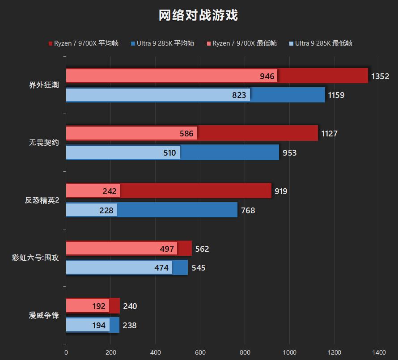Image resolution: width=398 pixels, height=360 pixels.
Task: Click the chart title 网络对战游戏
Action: tap(199, 16)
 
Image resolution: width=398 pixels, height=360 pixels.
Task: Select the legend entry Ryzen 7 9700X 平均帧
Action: tap(83, 43)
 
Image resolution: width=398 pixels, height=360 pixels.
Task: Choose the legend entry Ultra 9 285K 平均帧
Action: tap(162, 43)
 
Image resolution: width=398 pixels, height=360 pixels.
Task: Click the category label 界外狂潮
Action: tap(44, 85)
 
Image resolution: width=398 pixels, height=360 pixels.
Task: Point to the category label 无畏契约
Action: tap(44, 143)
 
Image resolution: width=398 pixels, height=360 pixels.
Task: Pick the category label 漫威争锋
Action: tap(44, 315)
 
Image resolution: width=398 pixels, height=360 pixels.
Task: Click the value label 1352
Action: tap(380, 76)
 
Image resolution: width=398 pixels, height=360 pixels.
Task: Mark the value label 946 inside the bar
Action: tap(267, 76)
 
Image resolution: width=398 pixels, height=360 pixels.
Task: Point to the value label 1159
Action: tap(336, 95)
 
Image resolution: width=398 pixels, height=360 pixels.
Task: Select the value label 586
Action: tap(186, 134)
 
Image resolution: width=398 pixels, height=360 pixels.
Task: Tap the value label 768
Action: tap(248, 210)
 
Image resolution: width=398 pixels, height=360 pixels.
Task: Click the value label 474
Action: tap(161, 268)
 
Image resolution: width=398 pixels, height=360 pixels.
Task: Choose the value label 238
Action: tap(130, 326)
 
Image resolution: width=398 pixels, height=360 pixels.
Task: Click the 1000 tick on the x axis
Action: tap(289, 352)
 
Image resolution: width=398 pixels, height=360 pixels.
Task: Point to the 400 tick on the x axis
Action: tap(155, 352)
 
